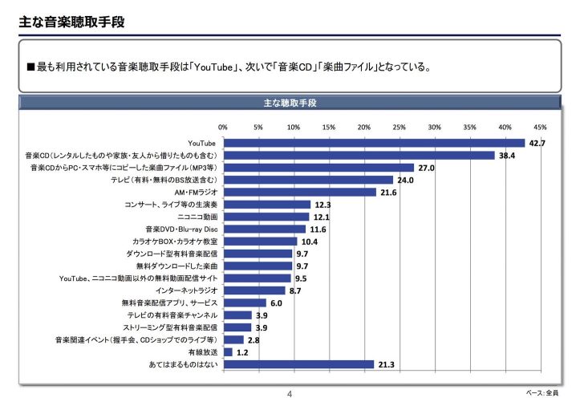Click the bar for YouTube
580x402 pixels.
373,143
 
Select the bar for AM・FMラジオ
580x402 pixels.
299,192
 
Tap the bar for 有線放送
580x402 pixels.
228,351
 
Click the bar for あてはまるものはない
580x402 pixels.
298,364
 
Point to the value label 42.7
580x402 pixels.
536,143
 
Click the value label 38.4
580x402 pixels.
506,155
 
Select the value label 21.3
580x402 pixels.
386,364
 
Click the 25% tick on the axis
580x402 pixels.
400,127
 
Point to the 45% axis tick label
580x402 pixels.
540,127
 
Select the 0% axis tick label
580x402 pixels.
223,127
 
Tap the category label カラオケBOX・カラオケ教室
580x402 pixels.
175,241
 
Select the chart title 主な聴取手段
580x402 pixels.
290,104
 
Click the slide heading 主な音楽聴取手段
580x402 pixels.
71,22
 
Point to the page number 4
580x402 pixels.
290,394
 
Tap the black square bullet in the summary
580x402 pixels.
31,67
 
